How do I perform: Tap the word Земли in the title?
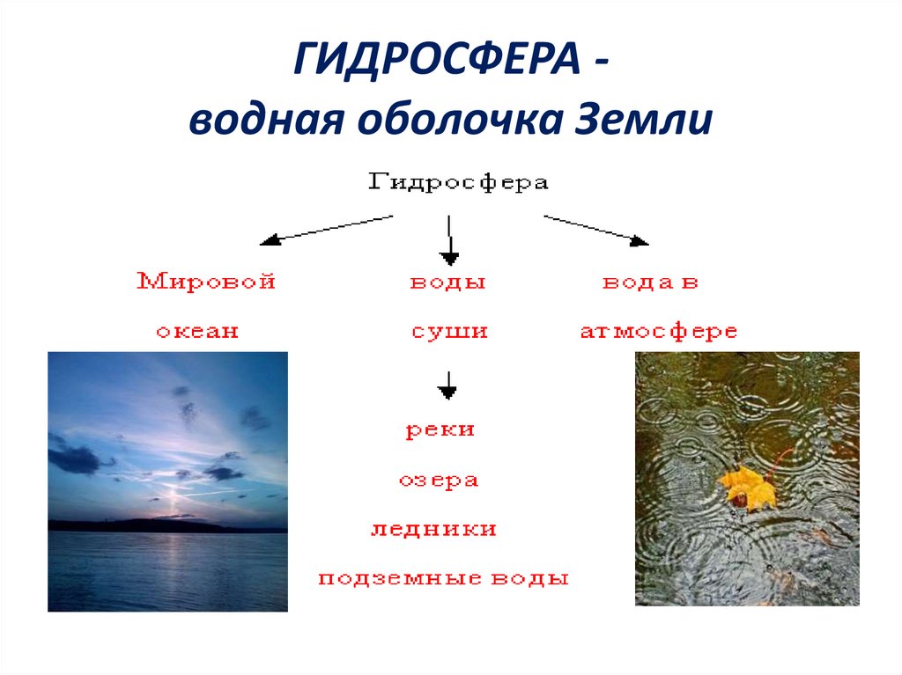pos(643,119)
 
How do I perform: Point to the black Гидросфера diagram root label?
pos(457,182)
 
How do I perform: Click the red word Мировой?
pos(207,282)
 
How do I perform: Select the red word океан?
pos(197,332)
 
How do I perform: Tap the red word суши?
pos(449,332)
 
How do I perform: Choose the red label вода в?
pos(651,282)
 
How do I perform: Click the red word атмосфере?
pos(658,332)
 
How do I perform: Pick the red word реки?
pos(440,430)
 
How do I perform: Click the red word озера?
pos(438,481)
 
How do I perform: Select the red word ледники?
pos(433,530)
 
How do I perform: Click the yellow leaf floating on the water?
pos(746,488)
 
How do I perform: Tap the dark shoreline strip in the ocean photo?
pos(167,525)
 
